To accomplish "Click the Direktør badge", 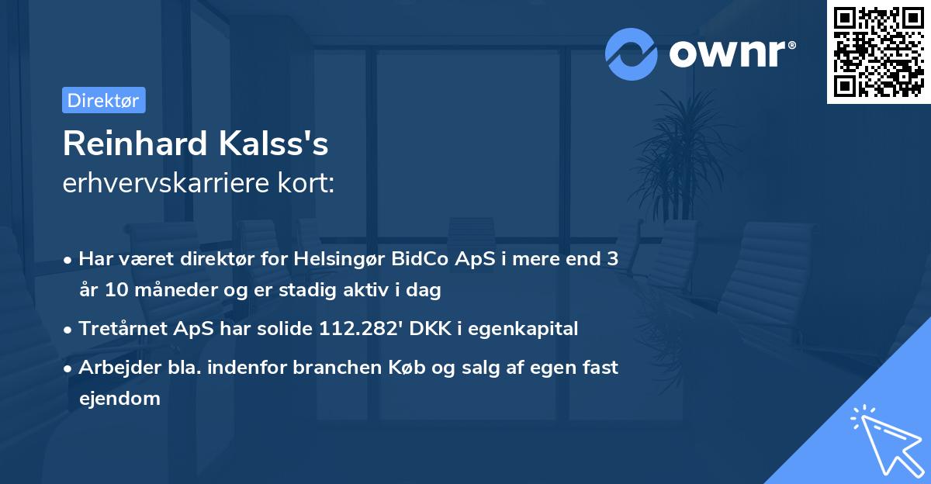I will pyautogui.click(x=103, y=100).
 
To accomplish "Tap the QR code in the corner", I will pyautogui.click(x=878, y=52).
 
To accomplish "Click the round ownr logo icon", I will pyautogui.click(x=631, y=54).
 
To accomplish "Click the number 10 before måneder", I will pyautogui.click(x=115, y=291).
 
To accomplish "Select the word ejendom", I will pyautogui.click(x=119, y=399).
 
